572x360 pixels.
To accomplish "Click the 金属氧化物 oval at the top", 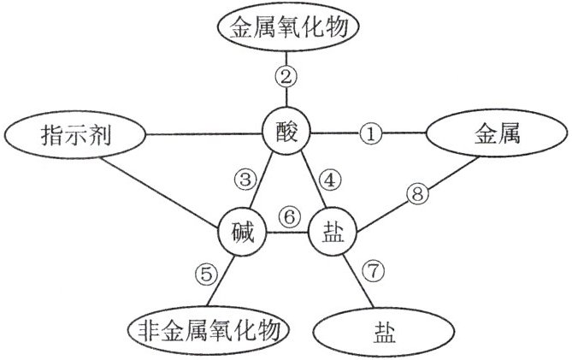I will point(288,28).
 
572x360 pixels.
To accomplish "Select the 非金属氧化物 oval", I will point(208,329).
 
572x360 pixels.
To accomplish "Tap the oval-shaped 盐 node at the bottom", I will point(379,332).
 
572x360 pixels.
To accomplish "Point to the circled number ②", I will point(287,76).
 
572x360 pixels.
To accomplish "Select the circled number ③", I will point(246,180).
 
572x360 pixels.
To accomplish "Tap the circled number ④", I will point(328,181).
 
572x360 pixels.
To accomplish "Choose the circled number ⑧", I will point(418,195).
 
